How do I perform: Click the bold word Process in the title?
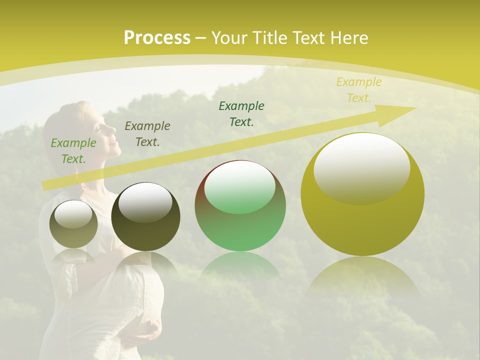[x=157, y=38]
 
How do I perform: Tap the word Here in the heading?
[x=348, y=38]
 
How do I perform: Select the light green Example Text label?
[x=73, y=151]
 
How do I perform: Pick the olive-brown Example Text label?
[x=147, y=134]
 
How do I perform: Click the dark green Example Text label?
[x=241, y=113]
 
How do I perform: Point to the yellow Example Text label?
[x=358, y=90]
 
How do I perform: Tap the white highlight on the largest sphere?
[x=362, y=167]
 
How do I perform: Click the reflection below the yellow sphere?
[x=362, y=277]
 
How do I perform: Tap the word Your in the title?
[x=230, y=38]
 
